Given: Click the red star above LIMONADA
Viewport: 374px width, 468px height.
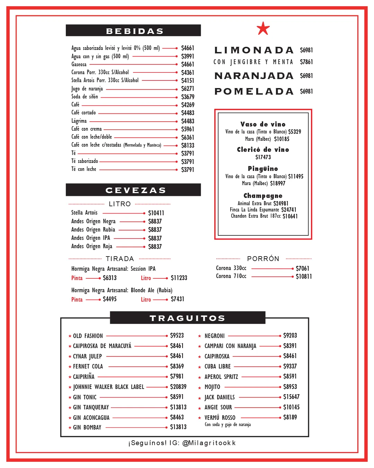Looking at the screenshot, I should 263,28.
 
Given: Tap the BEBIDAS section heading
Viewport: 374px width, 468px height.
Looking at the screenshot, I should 134,31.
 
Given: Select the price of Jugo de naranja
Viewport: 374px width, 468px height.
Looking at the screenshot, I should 187,89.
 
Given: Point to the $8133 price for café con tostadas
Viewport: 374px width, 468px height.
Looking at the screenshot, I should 187,145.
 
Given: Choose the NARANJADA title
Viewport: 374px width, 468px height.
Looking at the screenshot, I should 254,76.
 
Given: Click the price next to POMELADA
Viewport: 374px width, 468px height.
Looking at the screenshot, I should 306,92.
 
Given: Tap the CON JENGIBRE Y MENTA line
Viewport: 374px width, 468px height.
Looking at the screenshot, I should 253,62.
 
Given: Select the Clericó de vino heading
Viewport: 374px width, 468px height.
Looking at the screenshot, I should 263,149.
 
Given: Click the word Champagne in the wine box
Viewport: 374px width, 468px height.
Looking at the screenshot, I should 263,196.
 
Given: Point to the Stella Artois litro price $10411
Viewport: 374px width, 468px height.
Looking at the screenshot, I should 156,213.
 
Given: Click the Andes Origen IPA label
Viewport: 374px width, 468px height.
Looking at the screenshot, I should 90,238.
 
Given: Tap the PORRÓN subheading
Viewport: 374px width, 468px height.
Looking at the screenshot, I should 263,259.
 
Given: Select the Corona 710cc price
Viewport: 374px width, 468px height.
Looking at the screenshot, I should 303,276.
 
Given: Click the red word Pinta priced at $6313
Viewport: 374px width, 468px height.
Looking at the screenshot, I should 77,278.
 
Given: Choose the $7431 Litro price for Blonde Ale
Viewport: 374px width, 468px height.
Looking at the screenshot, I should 177,299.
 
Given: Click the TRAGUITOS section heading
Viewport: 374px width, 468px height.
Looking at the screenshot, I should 187,318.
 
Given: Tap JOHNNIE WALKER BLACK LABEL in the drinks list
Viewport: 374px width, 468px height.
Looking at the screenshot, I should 108,387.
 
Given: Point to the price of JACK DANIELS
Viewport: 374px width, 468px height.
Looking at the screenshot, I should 291,397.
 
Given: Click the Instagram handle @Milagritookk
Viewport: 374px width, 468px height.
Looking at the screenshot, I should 209,443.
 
